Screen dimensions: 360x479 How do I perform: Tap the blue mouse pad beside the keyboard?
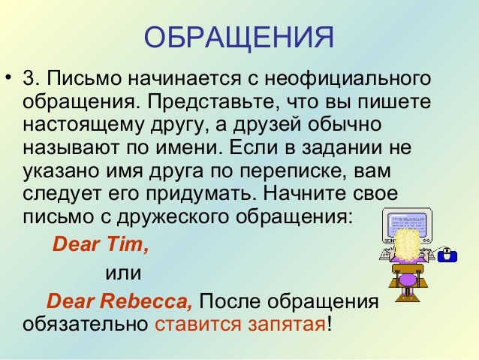tap(448, 255)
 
